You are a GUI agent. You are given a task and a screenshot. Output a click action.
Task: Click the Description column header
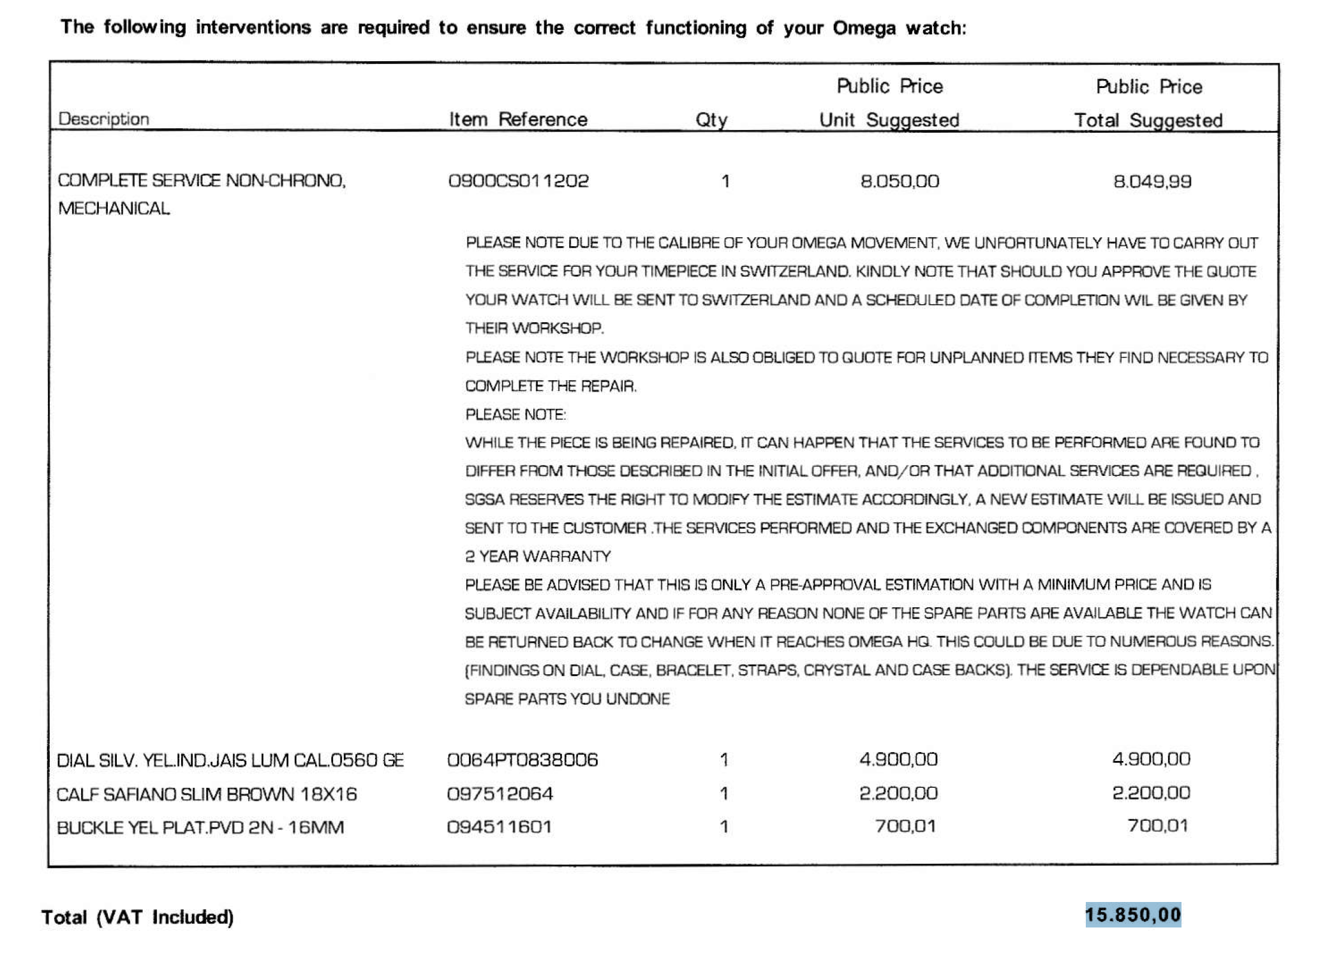click(103, 119)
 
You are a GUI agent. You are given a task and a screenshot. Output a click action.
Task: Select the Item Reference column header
click(518, 119)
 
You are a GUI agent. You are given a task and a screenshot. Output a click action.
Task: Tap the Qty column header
click(711, 120)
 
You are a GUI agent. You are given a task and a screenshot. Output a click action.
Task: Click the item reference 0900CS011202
click(518, 181)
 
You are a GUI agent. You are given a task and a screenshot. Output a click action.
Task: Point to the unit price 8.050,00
click(900, 181)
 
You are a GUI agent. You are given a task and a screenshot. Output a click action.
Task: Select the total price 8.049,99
click(1152, 181)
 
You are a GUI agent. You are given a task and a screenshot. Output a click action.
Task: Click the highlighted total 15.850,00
click(1133, 915)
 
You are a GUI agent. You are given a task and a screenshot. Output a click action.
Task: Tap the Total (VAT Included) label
click(138, 917)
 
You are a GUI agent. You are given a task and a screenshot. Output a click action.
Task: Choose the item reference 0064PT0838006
click(522, 760)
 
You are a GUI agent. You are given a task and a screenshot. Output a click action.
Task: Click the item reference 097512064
click(500, 794)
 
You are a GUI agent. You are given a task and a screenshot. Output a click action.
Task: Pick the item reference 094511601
click(500, 827)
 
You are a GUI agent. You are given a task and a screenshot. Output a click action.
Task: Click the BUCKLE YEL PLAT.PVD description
click(200, 827)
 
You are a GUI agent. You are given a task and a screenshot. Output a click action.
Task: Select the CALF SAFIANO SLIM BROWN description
click(207, 794)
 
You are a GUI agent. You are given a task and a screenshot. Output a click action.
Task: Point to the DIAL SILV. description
click(230, 760)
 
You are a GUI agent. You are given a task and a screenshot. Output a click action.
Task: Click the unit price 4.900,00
click(898, 759)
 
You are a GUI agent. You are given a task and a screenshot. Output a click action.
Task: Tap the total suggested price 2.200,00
click(1151, 793)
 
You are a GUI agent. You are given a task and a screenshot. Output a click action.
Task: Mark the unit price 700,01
click(905, 826)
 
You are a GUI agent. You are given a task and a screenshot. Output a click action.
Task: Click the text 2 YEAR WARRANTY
click(538, 556)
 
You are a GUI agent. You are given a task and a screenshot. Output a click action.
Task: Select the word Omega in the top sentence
click(864, 28)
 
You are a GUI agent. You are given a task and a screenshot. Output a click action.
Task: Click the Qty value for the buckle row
click(724, 827)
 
